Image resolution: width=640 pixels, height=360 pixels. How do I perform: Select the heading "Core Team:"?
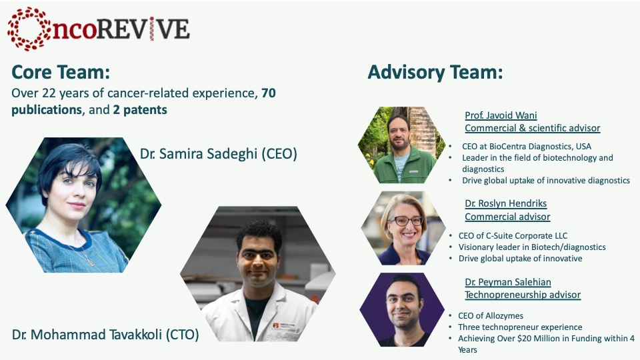click(61, 72)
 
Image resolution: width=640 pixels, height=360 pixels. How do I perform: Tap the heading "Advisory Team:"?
click(435, 72)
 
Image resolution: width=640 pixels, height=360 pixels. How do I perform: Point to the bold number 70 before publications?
click(269, 93)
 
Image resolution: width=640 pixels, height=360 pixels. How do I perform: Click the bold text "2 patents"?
click(140, 110)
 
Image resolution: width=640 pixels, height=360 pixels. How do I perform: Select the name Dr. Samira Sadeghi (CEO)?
click(219, 154)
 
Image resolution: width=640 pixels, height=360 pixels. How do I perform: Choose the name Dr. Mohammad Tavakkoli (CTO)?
click(105, 335)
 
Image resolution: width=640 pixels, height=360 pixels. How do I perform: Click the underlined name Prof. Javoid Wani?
click(501, 115)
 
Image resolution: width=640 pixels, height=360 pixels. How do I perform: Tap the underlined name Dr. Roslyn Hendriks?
click(506, 203)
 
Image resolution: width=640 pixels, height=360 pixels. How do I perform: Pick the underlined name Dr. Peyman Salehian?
click(508, 282)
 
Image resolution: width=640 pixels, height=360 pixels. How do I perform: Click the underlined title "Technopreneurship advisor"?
click(523, 295)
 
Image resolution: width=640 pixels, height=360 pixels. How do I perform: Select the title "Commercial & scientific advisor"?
click(532, 128)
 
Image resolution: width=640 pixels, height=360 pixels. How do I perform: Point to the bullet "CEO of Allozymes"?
click(491, 315)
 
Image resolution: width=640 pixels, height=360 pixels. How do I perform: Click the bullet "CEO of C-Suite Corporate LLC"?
click(513, 235)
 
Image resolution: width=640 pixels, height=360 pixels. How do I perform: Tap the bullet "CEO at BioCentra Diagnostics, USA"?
click(527, 146)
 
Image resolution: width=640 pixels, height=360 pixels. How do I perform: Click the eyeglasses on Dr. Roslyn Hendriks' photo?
click(406, 221)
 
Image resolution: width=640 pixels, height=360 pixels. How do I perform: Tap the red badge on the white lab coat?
click(276, 325)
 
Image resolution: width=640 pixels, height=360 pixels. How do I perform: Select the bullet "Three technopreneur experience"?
click(520, 327)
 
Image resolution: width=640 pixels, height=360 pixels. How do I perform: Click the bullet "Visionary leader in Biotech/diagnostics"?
click(532, 247)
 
